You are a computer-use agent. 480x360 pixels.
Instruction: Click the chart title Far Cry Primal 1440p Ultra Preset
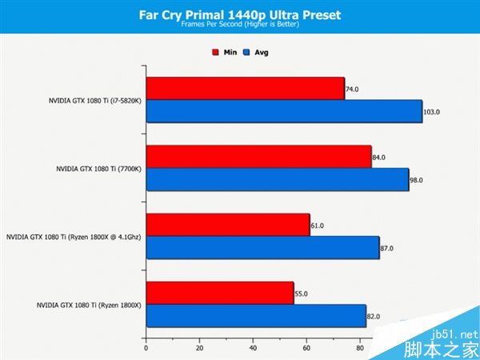click(239, 14)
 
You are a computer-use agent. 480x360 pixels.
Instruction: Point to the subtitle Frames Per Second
click(239, 26)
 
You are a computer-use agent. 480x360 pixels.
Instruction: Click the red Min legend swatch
click(215, 52)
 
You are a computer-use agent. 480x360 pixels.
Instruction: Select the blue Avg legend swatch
click(248, 52)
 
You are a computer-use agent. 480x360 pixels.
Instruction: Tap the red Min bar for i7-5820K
click(245, 89)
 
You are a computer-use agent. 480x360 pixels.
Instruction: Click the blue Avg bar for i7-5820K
click(283, 111)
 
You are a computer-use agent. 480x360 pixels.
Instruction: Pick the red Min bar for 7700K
click(258, 157)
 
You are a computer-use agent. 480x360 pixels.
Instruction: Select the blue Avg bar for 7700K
click(277, 179)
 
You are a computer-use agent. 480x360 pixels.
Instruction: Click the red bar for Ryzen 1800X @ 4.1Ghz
click(227, 226)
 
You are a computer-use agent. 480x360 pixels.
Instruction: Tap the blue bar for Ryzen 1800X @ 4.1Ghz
click(262, 248)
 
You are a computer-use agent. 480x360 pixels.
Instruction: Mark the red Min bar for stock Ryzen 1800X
click(219, 294)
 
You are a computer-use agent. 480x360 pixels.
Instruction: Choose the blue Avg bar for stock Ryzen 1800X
click(255, 316)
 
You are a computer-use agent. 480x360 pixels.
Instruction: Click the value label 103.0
click(432, 112)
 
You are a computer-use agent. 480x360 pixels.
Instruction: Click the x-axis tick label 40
click(253, 348)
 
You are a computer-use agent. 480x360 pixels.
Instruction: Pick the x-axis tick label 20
click(199, 348)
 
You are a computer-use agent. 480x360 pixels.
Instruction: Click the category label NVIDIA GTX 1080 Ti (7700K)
click(98, 169)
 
